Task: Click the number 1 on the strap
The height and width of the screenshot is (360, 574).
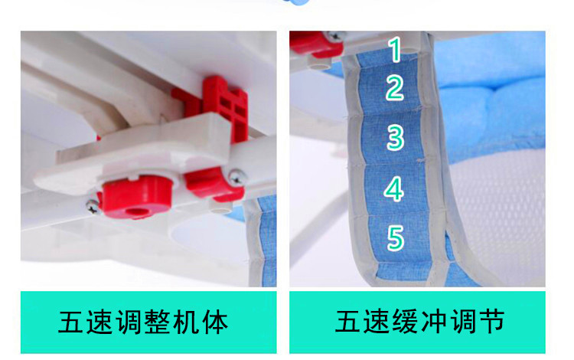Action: (395, 50)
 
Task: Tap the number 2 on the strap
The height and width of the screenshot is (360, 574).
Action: (395, 88)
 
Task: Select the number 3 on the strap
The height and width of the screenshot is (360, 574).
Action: (396, 138)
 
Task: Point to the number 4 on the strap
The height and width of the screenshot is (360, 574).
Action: (394, 188)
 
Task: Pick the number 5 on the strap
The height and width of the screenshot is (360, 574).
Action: (396, 238)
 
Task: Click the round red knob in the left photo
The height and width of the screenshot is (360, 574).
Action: (135, 197)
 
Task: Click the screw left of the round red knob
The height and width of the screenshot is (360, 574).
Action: (92, 207)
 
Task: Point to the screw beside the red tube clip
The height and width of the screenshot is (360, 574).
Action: (235, 177)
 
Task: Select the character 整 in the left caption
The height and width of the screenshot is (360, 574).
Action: (155, 322)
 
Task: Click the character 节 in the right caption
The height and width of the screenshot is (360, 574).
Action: (492, 322)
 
